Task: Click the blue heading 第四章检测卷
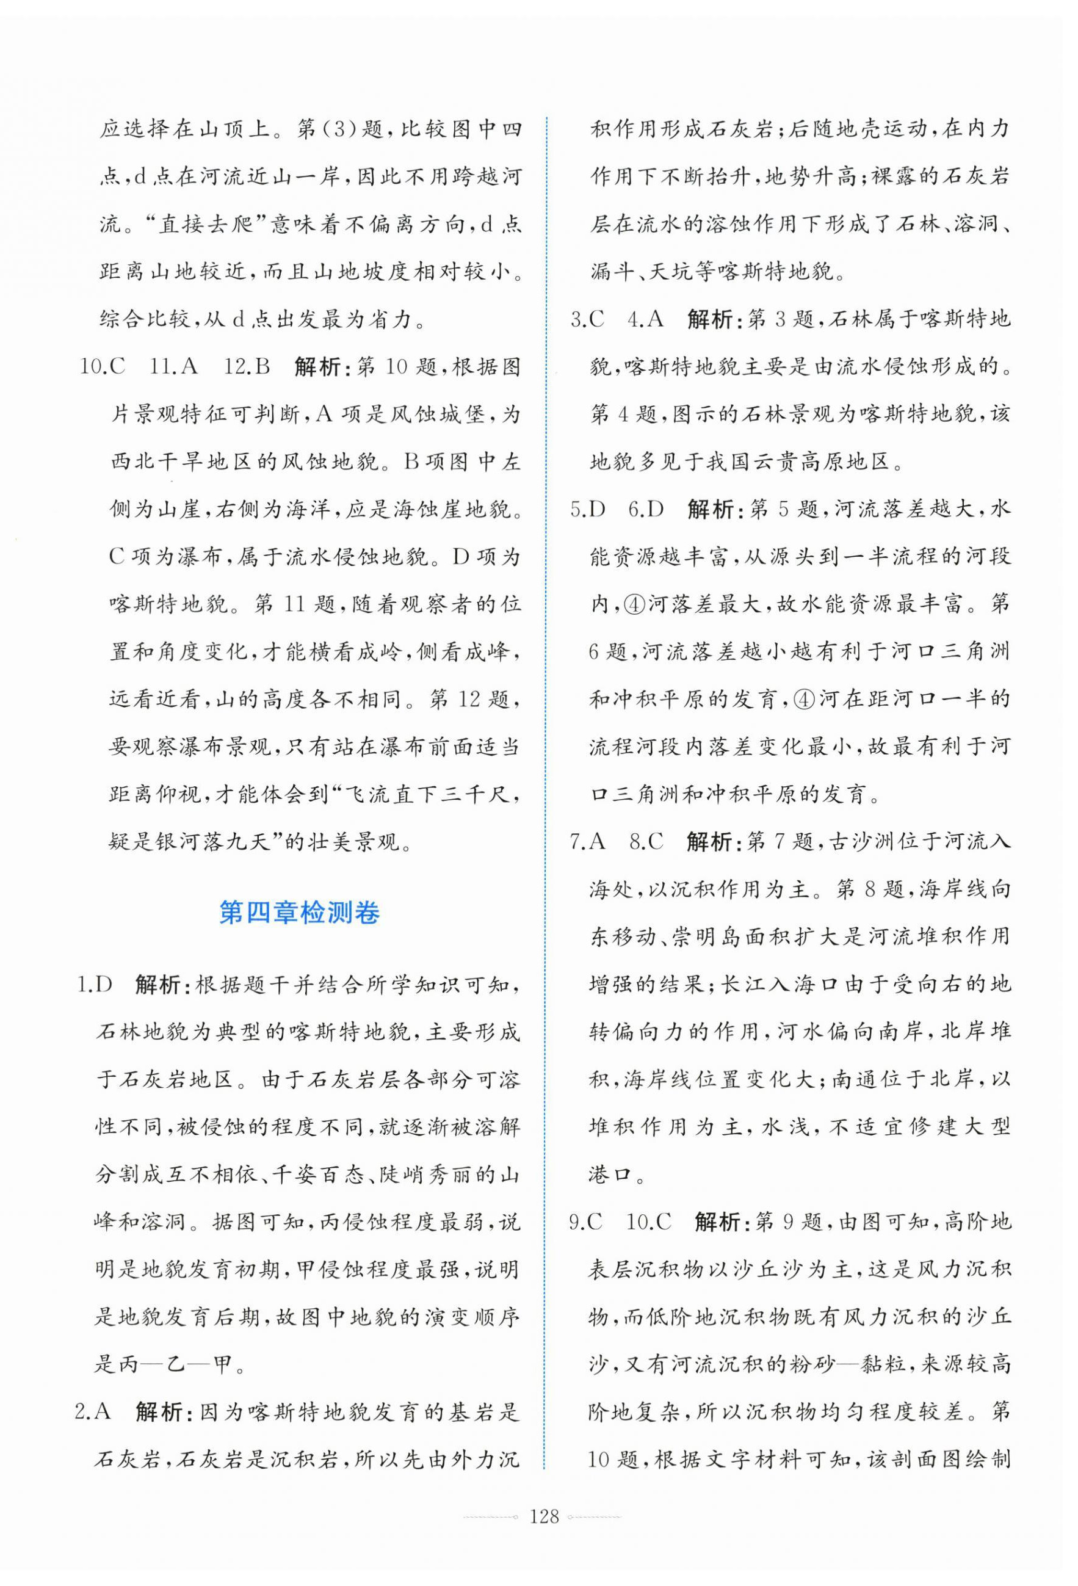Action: pos(299,913)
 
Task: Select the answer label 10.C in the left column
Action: pos(103,366)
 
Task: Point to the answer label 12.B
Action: pos(248,366)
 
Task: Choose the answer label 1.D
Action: pos(93,985)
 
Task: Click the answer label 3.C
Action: pos(587,319)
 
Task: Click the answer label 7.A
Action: pos(587,841)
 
